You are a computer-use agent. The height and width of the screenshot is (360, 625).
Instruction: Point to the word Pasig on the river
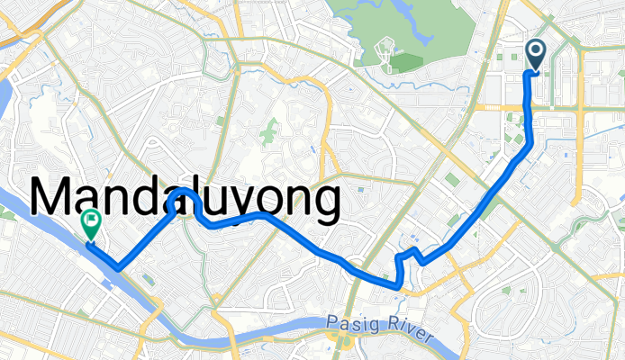346,321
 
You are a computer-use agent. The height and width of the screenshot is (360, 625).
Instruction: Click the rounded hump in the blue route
184,194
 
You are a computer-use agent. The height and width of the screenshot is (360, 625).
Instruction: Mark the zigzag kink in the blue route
411,256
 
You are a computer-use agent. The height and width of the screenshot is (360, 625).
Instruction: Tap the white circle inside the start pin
535,51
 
